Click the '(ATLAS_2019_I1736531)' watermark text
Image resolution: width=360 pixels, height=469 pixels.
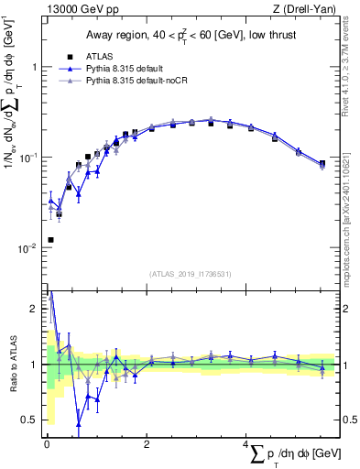(x=189, y=274)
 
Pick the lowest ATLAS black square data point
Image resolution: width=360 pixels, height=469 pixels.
(x=49, y=239)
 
